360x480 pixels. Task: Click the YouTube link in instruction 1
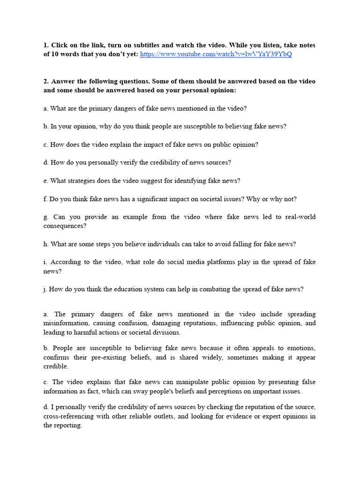216,54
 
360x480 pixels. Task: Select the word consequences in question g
64,226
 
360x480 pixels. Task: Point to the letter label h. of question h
46,244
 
